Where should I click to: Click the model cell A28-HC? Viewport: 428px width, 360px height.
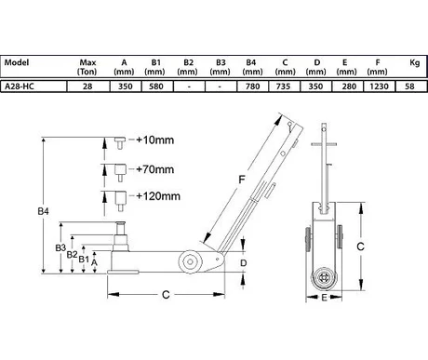click(20, 87)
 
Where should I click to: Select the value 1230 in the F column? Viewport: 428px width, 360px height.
click(379, 87)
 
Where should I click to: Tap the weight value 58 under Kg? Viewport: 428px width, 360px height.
click(409, 87)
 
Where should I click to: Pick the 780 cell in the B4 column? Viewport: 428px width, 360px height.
click(252, 87)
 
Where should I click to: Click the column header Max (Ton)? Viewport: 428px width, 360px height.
click(87, 67)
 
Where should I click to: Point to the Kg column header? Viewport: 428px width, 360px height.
click(415, 63)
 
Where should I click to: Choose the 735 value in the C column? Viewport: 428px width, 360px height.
click(283, 87)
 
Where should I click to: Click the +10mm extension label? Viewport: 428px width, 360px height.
click(155, 140)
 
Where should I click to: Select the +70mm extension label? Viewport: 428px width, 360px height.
click(155, 169)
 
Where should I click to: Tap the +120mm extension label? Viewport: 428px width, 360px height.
click(158, 196)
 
